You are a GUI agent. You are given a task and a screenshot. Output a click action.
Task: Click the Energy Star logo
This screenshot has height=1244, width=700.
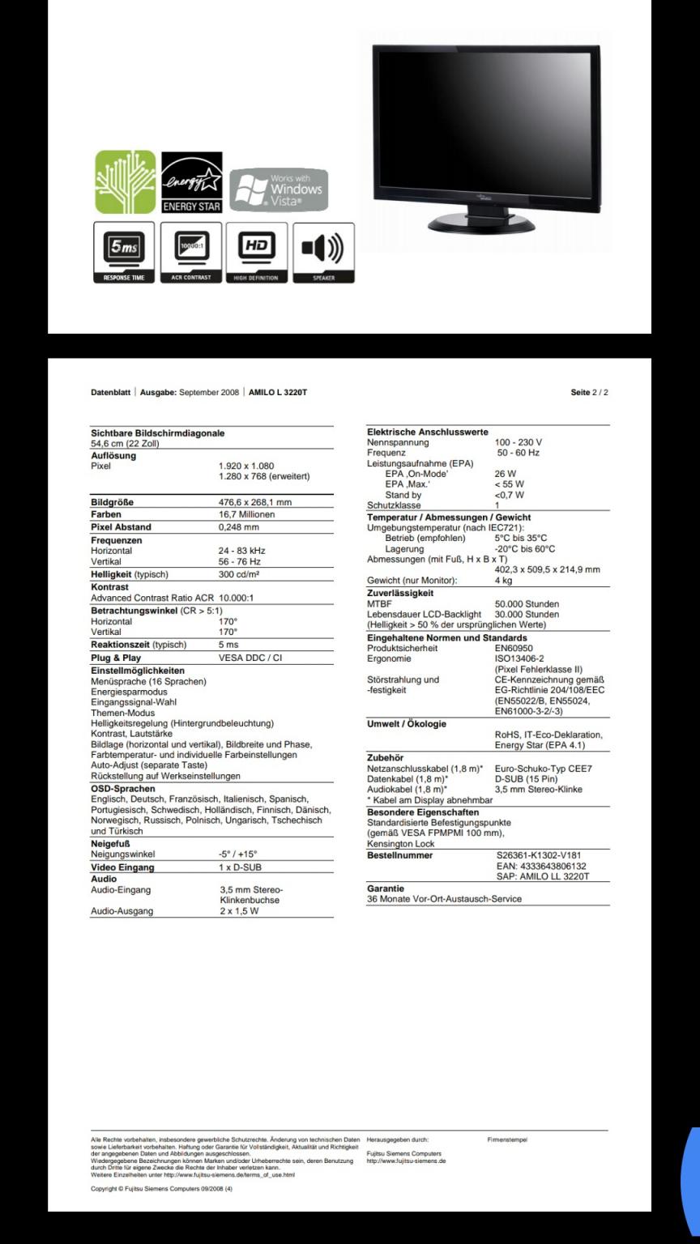[x=191, y=182]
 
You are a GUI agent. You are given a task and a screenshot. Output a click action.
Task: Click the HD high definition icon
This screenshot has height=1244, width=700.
[x=257, y=252]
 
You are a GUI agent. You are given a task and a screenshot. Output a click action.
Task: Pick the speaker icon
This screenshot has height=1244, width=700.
[x=323, y=252]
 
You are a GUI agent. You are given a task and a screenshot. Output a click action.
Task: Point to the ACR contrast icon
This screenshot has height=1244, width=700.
[x=190, y=252]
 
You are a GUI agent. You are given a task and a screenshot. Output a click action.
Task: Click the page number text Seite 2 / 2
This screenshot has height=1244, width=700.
[x=589, y=393]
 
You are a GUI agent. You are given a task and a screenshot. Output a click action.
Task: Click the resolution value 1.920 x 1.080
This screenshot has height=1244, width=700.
[x=246, y=466]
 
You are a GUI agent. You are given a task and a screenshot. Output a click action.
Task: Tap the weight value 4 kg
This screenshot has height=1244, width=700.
[x=503, y=580]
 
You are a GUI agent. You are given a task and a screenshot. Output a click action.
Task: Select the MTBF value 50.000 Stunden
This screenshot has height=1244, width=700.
[x=527, y=604]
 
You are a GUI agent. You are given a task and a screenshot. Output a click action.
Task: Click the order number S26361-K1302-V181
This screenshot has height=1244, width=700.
[x=538, y=854]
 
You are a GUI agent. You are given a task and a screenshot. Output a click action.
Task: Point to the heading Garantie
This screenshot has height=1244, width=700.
[x=386, y=888]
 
